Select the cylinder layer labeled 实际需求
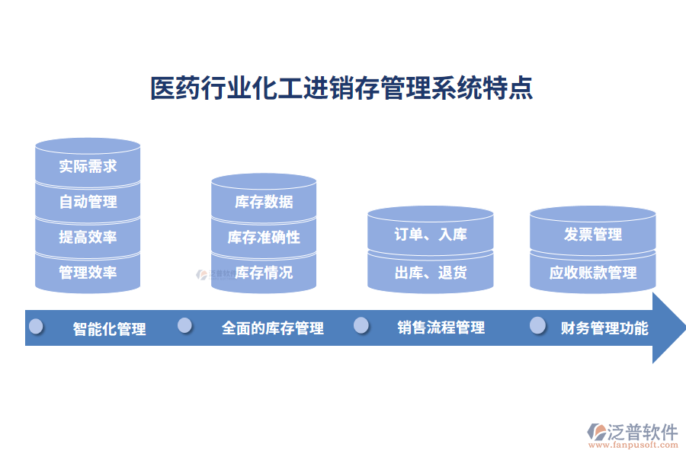88,166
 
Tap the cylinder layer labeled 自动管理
88,202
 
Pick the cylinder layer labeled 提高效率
88,237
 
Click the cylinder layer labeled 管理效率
88,272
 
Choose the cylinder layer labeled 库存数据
264,202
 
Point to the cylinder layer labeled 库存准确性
264,237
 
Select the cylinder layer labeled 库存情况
264,272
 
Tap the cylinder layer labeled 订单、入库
430,235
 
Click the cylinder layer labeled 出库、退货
430,272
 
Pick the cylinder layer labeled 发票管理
592,235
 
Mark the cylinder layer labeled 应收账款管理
592,272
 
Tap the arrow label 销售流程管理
441,328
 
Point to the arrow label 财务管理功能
604,328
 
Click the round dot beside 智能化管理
36,327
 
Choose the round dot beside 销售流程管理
361,326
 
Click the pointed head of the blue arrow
668,328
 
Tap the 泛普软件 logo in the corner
632,435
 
